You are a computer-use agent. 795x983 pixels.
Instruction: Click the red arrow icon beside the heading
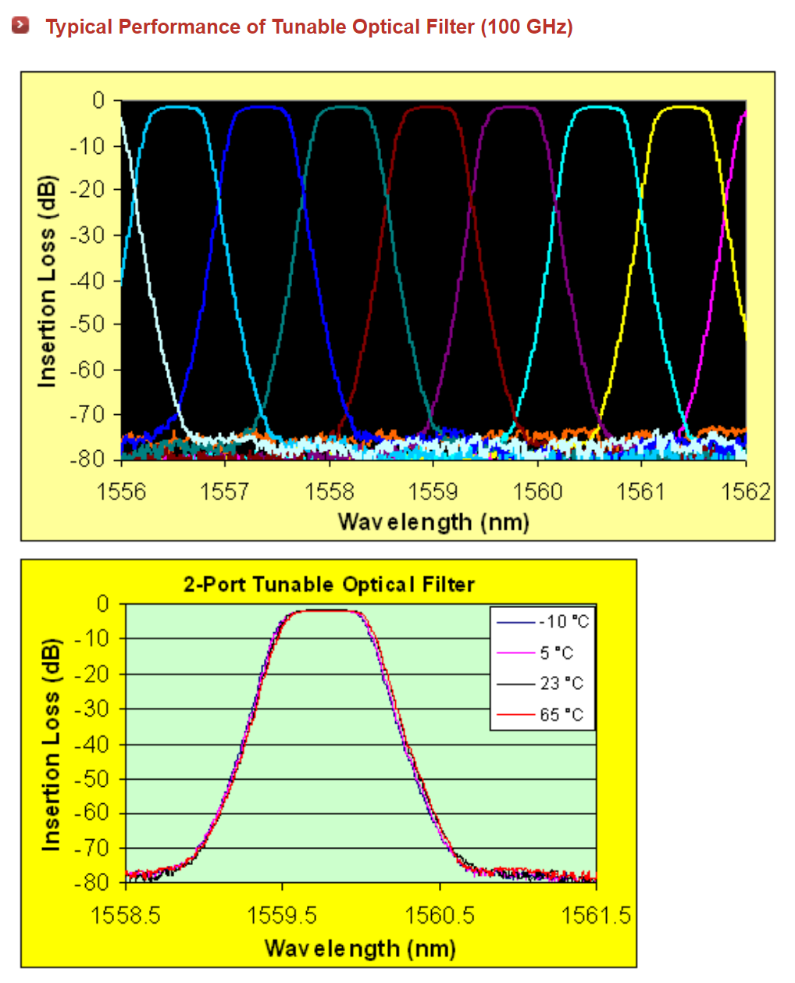pos(21,25)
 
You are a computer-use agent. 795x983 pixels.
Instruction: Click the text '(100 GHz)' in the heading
pos(526,27)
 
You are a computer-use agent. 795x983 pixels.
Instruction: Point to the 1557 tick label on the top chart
pos(225,491)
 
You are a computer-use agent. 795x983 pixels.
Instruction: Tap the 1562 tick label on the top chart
pos(745,491)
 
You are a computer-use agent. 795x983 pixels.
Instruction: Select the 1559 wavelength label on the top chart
pos(433,491)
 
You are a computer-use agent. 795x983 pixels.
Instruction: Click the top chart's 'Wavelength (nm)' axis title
pos(433,522)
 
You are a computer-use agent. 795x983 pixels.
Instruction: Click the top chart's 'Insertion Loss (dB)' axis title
pos(47,281)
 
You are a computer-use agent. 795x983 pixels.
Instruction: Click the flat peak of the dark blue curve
pos(261,107)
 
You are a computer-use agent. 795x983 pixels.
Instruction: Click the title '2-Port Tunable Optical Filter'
pos(329,584)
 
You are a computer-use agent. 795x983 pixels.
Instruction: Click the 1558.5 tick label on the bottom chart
pos(126,915)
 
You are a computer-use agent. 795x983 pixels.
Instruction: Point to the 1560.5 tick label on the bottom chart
pos(440,915)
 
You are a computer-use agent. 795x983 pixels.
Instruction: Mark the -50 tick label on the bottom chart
pos(92,778)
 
